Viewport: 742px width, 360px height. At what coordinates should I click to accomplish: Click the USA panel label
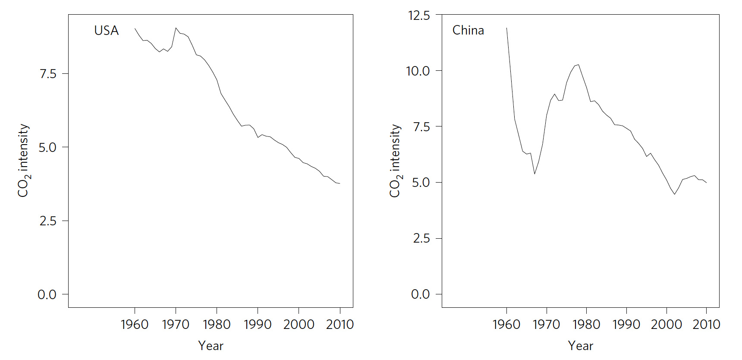pyautogui.click(x=106, y=31)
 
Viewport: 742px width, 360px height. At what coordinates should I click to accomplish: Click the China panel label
pyautogui.click(x=468, y=31)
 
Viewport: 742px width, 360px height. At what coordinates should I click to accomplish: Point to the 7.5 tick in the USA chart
pyautogui.click(x=48, y=74)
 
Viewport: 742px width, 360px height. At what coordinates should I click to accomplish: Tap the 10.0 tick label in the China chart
pyautogui.click(x=418, y=71)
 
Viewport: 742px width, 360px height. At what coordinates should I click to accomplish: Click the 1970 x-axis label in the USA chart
pyautogui.click(x=175, y=325)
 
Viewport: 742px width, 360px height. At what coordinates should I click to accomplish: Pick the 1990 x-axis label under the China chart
pyautogui.click(x=626, y=325)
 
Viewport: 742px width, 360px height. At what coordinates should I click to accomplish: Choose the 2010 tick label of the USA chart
pyautogui.click(x=340, y=325)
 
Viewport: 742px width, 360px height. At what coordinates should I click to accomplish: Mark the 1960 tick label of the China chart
pyautogui.click(x=506, y=325)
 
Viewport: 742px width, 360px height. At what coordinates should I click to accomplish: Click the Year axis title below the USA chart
pyautogui.click(x=211, y=346)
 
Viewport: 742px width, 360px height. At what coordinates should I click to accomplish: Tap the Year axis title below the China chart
pyautogui.click(x=580, y=346)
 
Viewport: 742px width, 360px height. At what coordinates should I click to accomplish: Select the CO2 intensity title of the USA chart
pyautogui.click(x=23, y=161)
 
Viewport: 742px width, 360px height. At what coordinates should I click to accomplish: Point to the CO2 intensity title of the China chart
pyautogui.click(x=395, y=161)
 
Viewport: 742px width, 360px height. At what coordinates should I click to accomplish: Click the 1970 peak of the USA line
pyautogui.click(x=176, y=28)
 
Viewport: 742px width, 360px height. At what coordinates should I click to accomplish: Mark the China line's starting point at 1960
pyautogui.click(x=506, y=28)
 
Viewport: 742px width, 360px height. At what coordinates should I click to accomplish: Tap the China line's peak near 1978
pyautogui.click(x=578, y=65)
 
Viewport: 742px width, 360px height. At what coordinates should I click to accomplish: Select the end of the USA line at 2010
pyautogui.click(x=340, y=183)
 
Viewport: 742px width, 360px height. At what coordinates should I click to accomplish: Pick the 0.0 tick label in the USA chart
pyautogui.click(x=47, y=295)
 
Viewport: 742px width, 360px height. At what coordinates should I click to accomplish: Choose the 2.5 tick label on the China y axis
pyautogui.click(x=421, y=238)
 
